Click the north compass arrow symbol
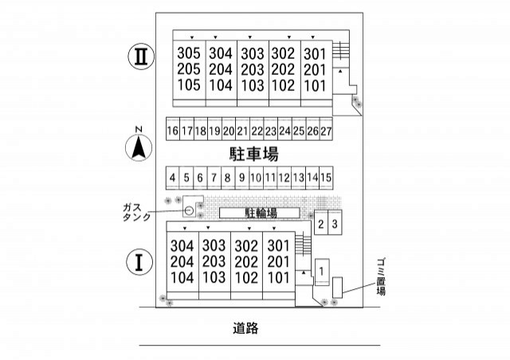[x=139, y=147]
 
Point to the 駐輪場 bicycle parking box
[x=261, y=213]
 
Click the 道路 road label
[x=247, y=327]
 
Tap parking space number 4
[x=172, y=178]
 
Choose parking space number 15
[x=326, y=178]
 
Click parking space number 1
[x=320, y=272]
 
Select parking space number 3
[x=335, y=225]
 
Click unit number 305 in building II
[x=189, y=54]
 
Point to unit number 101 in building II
[x=316, y=85]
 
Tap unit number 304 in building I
[x=182, y=245]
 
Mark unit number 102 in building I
[x=247, y=278]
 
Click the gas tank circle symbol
[x=189, y=210]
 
